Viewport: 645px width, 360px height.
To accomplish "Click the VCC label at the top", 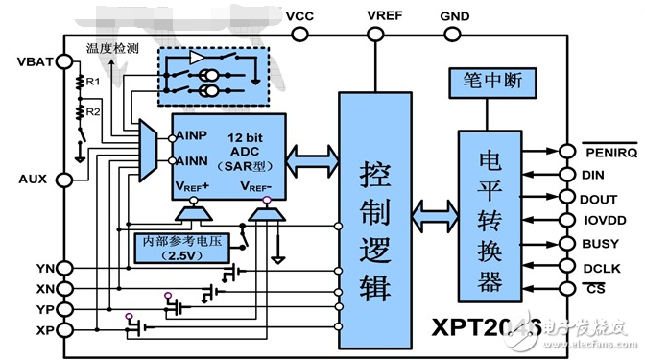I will [299, 17].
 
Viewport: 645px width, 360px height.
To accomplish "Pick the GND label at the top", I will [454, 17].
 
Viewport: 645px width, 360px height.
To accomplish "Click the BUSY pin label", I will [598, 244].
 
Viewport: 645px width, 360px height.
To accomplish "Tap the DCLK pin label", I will [599, 267].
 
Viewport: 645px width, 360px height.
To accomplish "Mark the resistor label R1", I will [92, 84].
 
